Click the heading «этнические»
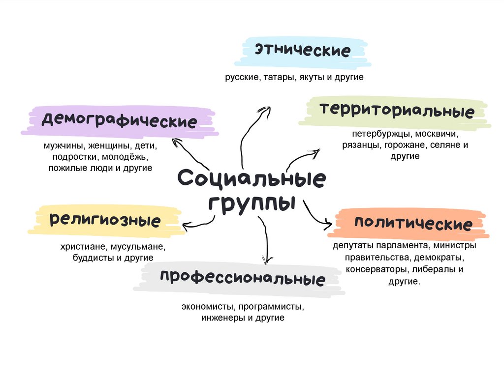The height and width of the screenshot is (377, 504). [302, 50]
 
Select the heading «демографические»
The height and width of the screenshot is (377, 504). [119, 120]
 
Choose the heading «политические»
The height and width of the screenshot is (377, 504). [413, 224]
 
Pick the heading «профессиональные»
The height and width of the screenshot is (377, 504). [242, 278]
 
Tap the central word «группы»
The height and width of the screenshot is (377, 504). [251, 203]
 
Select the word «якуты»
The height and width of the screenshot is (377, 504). [311, 78]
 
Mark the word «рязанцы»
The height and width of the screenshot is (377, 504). [361, 145]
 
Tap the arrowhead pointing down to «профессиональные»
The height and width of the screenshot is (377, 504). [267, 260]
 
